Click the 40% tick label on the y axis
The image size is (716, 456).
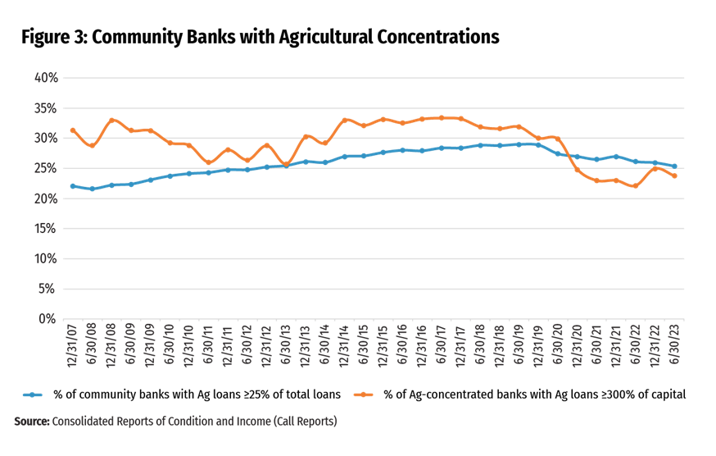point(45,78)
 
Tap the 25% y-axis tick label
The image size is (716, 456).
point(45,168)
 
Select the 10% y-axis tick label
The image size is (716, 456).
point(45,258)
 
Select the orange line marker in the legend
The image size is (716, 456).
point(363,394)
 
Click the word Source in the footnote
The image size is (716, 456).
point(31,422)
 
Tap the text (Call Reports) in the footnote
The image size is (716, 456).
point(307,422)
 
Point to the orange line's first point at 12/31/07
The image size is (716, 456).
point(73,130)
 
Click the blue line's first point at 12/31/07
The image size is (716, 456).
point(73,186)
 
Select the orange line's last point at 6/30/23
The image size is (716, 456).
point(674,176)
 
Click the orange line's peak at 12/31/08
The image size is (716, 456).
point(111,120)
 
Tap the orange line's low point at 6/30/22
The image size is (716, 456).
point(635,186)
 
